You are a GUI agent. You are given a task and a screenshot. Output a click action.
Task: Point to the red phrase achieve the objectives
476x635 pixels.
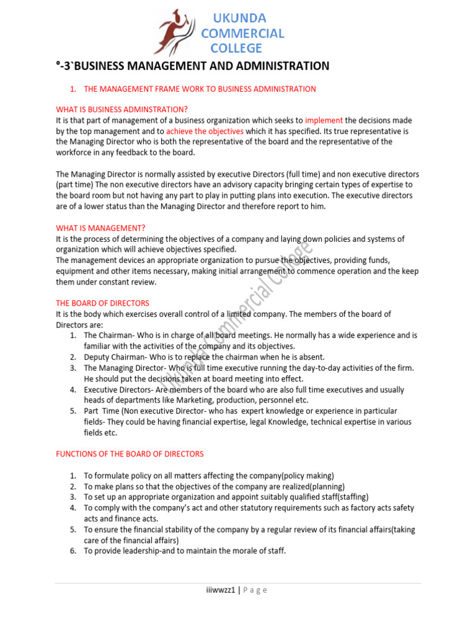[205, 131]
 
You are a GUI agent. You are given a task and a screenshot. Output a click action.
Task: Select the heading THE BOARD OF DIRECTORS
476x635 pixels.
[102, 303]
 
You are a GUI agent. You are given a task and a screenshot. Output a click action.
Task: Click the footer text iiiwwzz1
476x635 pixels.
[221, 590]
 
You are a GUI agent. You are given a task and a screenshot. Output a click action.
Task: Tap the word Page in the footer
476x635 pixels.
[255, 590]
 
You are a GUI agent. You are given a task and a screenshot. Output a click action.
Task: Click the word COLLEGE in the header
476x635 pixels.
[236, 48]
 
